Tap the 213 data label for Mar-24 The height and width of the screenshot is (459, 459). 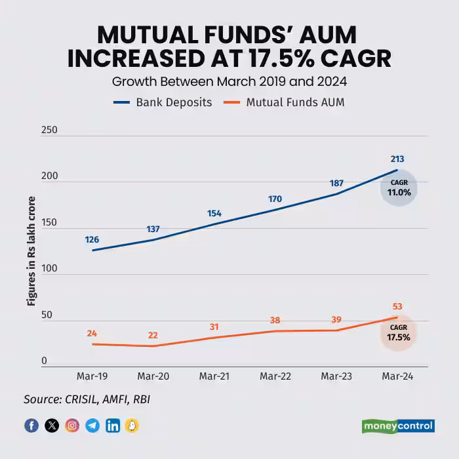[397, 159]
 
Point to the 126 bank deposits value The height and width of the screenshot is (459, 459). [92, 239]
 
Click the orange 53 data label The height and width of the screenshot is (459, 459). [397, 306]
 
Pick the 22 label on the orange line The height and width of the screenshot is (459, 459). [153, 334]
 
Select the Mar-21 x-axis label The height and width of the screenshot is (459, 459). [214, 376]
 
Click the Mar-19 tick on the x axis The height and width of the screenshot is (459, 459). [92, 376]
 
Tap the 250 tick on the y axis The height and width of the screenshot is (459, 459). [49, 130]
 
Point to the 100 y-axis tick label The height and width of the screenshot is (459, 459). [49, 269]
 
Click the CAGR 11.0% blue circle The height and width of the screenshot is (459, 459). [399, 189]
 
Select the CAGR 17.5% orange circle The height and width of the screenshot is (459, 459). [399, 333]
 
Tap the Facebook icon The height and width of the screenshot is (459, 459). [31, 426]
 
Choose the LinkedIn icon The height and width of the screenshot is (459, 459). [113, 426]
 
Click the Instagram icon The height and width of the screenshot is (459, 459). [72, 426]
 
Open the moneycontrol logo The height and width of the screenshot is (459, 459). [398, 426]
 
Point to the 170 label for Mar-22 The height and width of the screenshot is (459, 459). [275, 199]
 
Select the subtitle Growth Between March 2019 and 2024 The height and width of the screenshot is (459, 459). [229, 82]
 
